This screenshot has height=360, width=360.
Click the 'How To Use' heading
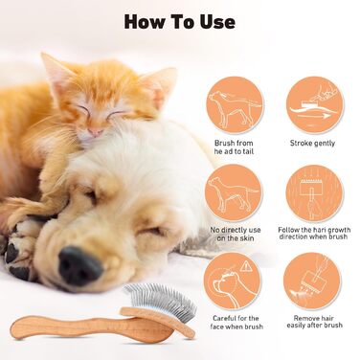point(180,22)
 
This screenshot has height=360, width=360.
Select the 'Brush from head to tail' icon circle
point(235,105)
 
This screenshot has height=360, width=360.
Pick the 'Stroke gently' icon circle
point(315,105)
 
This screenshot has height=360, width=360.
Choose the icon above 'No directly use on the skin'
point(234,192)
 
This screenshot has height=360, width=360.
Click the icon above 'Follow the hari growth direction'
point(315,193)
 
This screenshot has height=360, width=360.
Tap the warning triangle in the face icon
point(245,265)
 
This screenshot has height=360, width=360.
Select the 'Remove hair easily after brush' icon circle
point(312,281)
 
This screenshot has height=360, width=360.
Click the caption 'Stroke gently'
point(312,143)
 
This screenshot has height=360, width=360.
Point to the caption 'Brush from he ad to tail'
point(234,147)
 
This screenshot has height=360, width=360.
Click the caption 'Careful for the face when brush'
point(236,323)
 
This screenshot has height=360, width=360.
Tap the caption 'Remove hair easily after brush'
point(314,322)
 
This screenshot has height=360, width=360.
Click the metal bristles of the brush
point(163,299)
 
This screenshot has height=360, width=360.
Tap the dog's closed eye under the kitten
point(91,195)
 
